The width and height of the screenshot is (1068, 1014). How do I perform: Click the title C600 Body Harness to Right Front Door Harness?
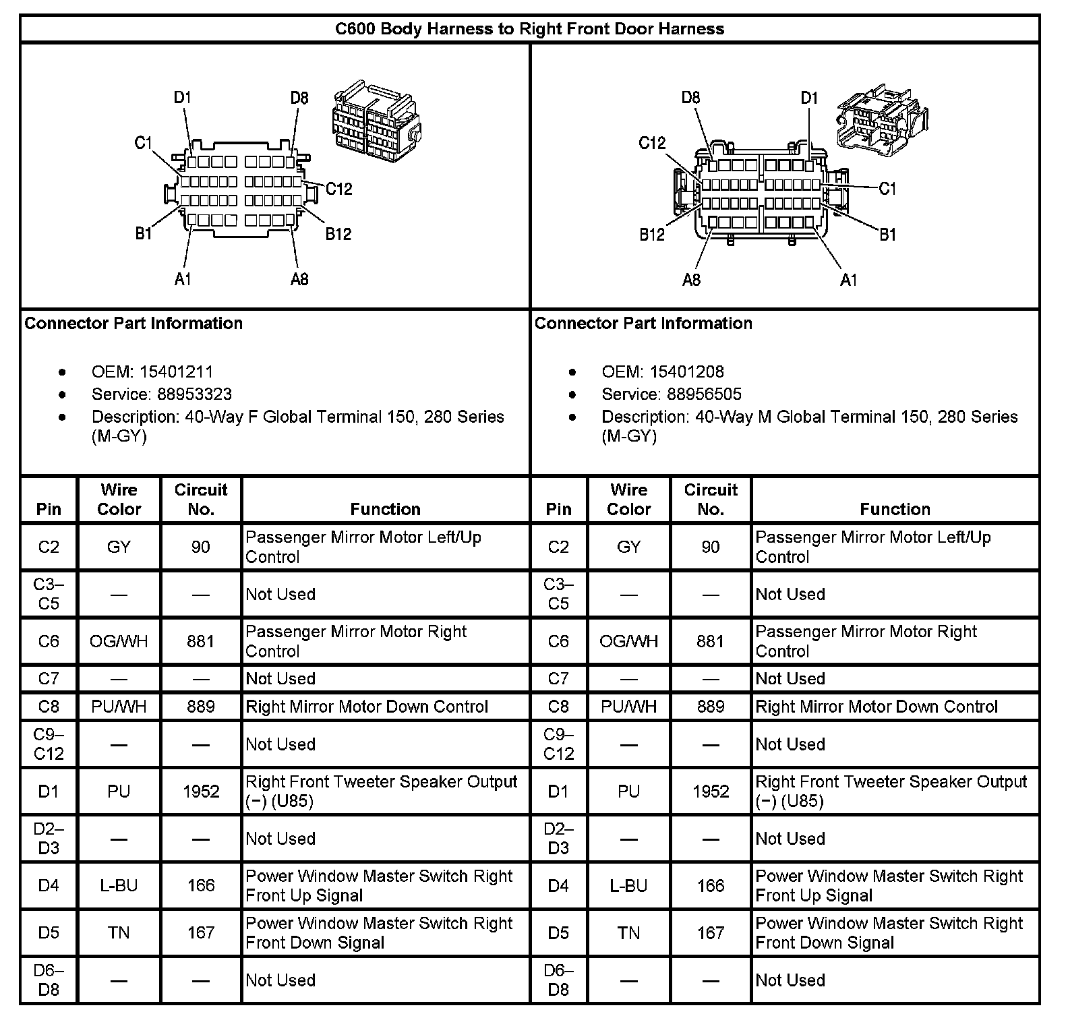point(530,29)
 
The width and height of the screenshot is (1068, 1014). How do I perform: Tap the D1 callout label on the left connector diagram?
point(183,98)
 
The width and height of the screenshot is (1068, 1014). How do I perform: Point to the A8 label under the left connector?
point(299,279)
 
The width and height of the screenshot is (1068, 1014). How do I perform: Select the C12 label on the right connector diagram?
point(652,143)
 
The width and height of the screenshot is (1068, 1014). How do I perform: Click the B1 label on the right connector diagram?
point(887,234)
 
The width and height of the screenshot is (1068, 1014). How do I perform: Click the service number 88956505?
point(704,394)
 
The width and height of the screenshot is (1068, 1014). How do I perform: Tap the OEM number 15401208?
point(686,371)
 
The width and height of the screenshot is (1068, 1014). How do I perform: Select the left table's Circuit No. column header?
point(201,500)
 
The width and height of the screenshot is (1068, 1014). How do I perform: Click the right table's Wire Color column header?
point(628,500)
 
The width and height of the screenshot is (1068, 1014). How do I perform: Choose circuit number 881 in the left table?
point(201,641)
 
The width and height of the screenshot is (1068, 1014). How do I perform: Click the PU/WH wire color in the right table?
point(628,707)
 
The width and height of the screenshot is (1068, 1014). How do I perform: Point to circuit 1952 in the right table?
point(711,792)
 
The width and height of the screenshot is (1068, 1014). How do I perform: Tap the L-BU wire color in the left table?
point(119,885)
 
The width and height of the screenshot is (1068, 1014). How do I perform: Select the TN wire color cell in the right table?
point(628,932)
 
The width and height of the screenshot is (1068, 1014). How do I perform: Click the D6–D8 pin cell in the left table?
point(49,980)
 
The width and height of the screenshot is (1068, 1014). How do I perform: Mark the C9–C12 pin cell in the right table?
point(558,744)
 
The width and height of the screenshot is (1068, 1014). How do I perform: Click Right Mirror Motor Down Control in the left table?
point(367,707)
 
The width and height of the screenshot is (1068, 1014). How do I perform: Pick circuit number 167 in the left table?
point(201,932)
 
